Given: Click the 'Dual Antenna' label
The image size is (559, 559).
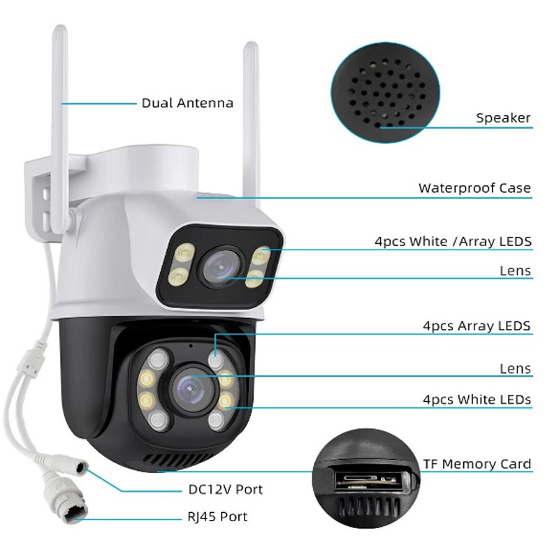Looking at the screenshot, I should pos(187,103).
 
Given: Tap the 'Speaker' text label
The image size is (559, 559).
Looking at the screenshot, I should pos(503,118).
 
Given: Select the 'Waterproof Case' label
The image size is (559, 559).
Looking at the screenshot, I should pos(474,188).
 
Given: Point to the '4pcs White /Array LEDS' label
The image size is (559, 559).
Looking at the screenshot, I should pos(453,242).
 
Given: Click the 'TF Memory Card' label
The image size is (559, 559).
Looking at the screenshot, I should pos(477,464).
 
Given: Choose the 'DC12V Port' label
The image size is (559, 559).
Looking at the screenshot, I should pos(226,489).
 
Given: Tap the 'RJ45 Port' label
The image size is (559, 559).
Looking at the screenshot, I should pos(218,517).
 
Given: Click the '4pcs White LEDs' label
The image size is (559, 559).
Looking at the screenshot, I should pos(477,400).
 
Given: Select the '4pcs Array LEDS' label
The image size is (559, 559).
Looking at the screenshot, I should pos(477,326).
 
